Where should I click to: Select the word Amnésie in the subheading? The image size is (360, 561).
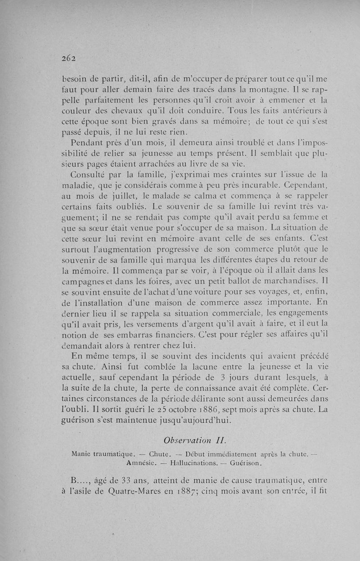pos(142,462)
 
